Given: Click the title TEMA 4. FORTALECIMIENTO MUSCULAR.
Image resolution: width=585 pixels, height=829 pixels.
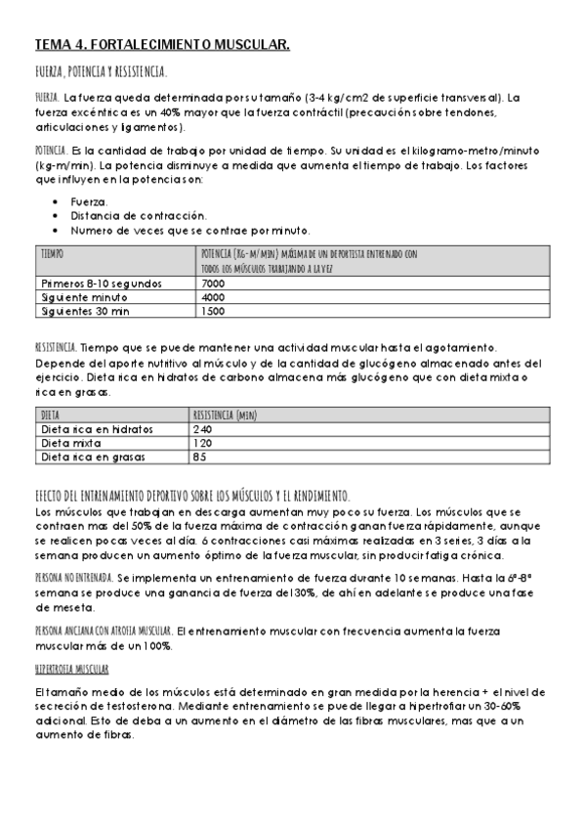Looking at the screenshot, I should coord(162,45).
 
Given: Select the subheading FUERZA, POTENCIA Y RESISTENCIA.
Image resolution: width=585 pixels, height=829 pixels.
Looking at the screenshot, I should coord(101,73).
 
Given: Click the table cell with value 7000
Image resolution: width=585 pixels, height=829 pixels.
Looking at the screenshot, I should coord(213,284).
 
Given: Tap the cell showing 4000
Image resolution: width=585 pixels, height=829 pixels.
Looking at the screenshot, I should coord(213,297).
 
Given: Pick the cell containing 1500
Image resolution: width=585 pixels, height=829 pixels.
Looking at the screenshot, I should coord(213,311).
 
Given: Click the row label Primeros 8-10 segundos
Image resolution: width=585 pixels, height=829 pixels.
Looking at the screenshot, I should coord(102,284).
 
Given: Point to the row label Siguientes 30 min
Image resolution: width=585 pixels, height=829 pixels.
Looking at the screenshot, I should coord(87,311).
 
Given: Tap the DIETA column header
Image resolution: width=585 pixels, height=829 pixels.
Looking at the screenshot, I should coord(50,414).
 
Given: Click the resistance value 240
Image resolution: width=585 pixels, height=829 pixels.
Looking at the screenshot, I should coord(202,429).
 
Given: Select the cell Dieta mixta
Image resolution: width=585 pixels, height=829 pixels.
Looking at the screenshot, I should coord(73,443).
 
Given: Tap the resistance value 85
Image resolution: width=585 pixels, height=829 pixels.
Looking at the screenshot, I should coord(199,457).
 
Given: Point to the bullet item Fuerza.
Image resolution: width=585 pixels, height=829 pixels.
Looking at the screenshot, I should coord(90,201).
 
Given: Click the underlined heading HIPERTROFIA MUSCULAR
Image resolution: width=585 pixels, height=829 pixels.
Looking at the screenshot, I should coord(71,669).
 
